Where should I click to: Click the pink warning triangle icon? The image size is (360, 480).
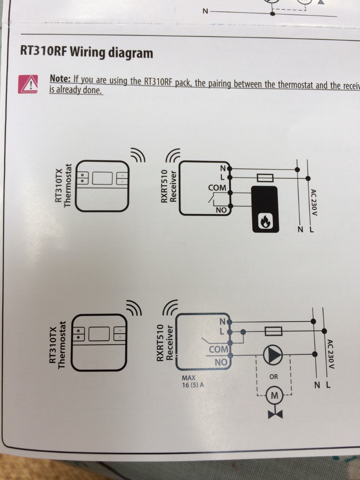click(x=28, y=84)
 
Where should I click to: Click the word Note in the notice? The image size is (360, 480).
click(x=60, y=78)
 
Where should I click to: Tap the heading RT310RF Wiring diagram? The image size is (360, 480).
click(x=87, y=53)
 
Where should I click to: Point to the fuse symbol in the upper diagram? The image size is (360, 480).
click(x=265, y=178)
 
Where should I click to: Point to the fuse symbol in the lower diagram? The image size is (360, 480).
click(x=273, y=331)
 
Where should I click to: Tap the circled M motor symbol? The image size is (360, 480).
click(x=274, y=395)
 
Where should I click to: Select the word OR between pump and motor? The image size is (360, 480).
click(x=274, y=376)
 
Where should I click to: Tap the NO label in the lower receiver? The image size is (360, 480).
click(x=221, y=362)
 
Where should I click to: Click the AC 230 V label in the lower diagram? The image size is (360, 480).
click(x=330, y=354)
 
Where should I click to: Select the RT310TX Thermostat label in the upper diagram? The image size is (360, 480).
click(x=63, y=185)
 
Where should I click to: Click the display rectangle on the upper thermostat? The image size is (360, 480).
click(x=102, y=178)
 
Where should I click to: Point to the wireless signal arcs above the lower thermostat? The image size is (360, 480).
click(x=133, y=307)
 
